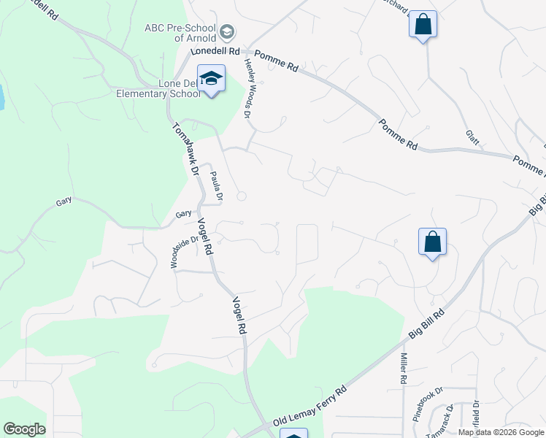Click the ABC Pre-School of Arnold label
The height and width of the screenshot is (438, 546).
tap(180, 32)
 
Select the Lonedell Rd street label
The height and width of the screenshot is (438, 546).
tap(215, 52)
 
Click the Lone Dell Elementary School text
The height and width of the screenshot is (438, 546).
tap(158, 88)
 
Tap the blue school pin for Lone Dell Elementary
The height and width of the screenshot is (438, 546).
tap(211, 80)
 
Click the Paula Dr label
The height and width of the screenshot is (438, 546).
tap(216, 186)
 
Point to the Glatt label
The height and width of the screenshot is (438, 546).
tap(472, 138)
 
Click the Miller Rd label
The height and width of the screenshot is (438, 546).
tap(402, 369)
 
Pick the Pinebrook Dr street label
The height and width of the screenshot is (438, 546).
tap(428, 399)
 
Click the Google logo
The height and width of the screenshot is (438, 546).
tap(24, 429)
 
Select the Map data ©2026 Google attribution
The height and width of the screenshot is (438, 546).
tap(500, 432)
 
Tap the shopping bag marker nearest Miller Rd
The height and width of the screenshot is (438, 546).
tap(432, 242)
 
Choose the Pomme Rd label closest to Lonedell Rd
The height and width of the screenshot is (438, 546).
tap(277, 64)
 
